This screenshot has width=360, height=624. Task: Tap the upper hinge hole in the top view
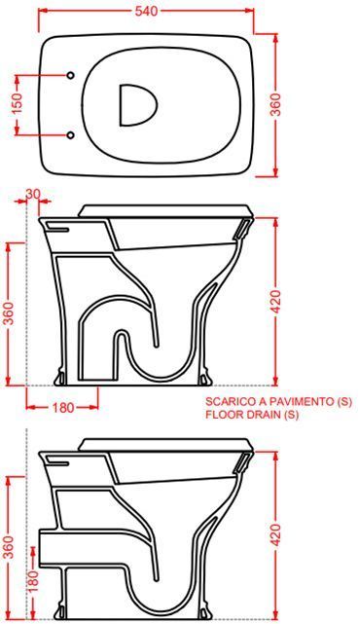coord(72,76)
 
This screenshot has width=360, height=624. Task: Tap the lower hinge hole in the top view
coord(72,133)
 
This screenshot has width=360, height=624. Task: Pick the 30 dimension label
coord(33,195)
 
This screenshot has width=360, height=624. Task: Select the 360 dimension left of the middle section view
coord(9,312)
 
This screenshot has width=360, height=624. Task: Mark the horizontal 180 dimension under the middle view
coord(63,408)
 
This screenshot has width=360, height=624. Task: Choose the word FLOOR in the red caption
coord(223,416)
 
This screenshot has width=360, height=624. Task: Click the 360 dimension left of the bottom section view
coord(9,550)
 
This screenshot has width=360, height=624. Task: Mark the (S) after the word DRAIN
coord(289,416)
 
